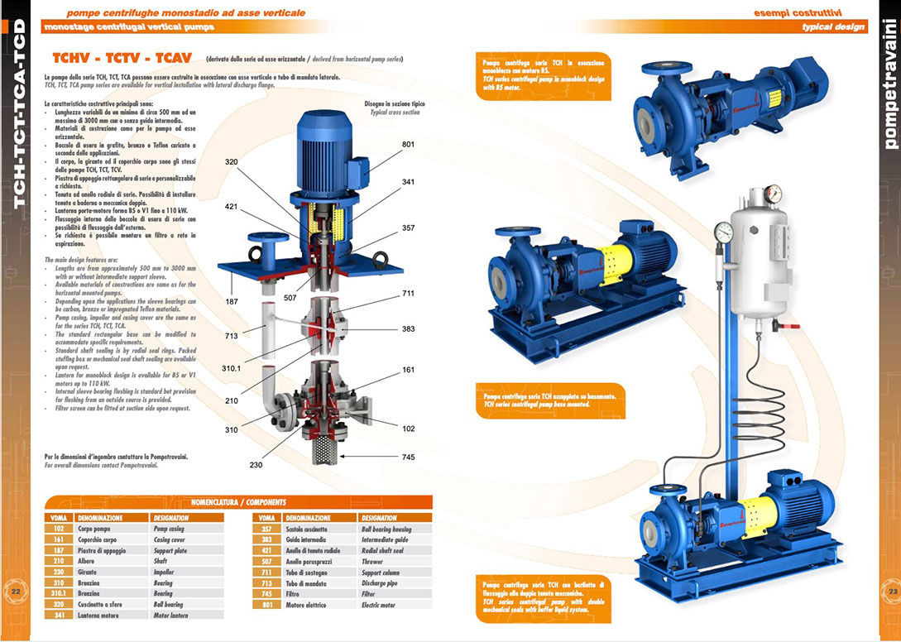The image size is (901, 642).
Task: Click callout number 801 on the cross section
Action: click(x=408, y=145)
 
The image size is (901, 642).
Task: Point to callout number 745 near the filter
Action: click(x=407, y=456)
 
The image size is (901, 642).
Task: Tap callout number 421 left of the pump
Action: click(x=232, y=207)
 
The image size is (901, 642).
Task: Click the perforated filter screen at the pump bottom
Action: click(x=324, y=452)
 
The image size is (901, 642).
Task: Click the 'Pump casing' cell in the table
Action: click(x=186, y=528)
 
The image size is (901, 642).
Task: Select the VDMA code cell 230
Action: click(x=59, y=572)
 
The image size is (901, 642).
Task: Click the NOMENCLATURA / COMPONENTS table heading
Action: click(x=238, y=501)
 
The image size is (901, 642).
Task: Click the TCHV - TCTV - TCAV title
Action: click(x=122, y=59)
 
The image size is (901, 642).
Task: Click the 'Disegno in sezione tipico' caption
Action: click(x=392, y=104)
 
